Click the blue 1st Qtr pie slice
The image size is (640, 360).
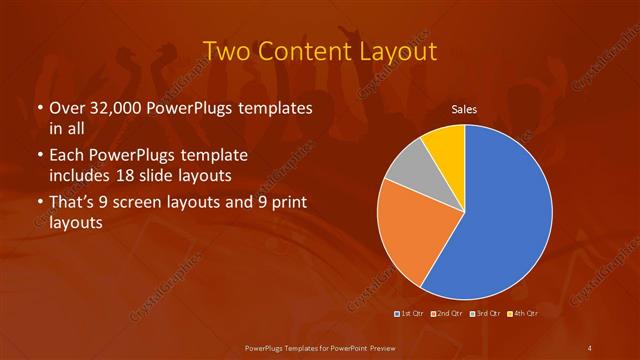coord(500,215)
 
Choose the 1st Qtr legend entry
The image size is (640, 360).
coord(409,314)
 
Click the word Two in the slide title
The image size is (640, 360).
coord(227,51)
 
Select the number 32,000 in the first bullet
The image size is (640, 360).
coord(118,107)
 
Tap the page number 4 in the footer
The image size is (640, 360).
coord(590,347)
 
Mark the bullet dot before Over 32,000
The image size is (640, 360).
coord(39,108)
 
